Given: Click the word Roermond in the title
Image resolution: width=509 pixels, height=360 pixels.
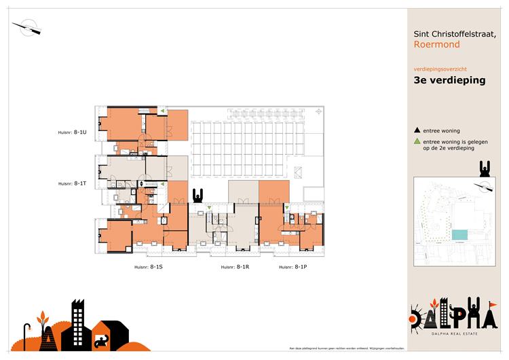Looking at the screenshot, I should pyautogui.click(x=436, y=45).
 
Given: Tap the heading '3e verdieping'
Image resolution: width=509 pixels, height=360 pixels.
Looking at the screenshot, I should pyautogui.click(x=449, y=80).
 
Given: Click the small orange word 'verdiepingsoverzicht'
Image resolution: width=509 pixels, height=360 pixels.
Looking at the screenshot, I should pyautogui.click(x=438, y=69).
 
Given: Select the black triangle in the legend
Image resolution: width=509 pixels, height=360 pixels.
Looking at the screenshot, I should pyautogui.click(x=417, y=130).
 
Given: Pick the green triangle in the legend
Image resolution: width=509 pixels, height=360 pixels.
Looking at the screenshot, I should pyautogui.click(x=417, y=141).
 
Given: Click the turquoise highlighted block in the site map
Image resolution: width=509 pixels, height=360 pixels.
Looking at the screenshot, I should pyautogui.click(x=459, y=234).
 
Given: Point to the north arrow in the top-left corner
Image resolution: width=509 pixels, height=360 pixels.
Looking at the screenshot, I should pyautogui.click(x=28, y=28).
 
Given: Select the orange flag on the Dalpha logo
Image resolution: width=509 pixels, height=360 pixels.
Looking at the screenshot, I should pyautogui.click(x=493, y=304).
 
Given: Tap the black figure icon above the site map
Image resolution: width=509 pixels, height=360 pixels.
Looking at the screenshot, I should pyautogui.click(x=485, y=169).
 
